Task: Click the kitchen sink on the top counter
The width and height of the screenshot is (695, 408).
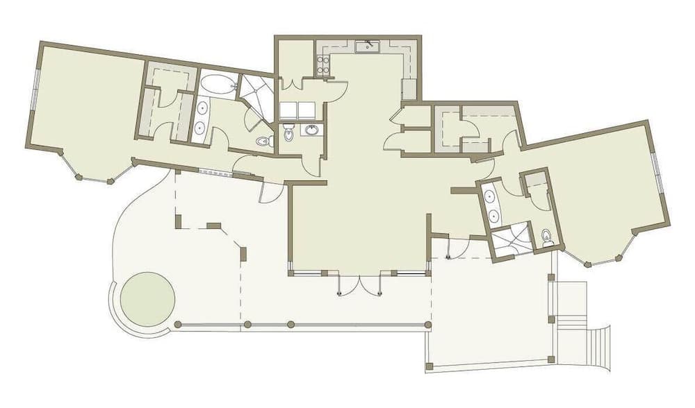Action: tap(366, 47)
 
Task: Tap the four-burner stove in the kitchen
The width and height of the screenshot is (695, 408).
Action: tap(323, 65)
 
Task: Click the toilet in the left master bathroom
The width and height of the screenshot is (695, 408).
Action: tap(263, 142)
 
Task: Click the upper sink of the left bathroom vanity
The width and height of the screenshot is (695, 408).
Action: tap(202, 108)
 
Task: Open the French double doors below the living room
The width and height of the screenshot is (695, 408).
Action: tap(360, 284)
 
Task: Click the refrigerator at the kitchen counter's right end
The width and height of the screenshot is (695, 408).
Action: tap(409, 89)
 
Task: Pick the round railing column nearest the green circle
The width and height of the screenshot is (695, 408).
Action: tap(178, 324)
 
